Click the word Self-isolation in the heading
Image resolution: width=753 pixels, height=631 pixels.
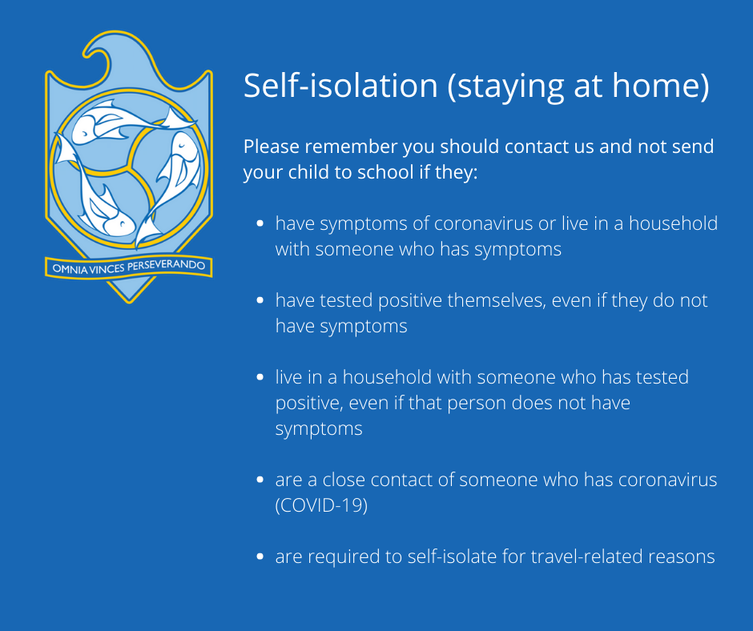point(340,86)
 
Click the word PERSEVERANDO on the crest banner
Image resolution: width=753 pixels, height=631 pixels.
point(166,266)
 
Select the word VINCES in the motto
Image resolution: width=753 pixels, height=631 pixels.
point(107,268)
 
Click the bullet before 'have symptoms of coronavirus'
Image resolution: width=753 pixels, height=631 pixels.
point(260,223)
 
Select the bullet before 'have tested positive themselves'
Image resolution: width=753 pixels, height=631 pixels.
point(260,300)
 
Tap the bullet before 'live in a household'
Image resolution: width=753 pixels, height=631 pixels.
point(260,377)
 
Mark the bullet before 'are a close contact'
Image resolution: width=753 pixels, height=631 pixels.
point(260,479)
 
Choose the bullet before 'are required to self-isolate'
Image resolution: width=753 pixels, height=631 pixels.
point(260,557)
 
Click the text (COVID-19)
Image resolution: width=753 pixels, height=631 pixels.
point(321,505)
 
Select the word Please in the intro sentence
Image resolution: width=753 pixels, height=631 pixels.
point(272,147)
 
